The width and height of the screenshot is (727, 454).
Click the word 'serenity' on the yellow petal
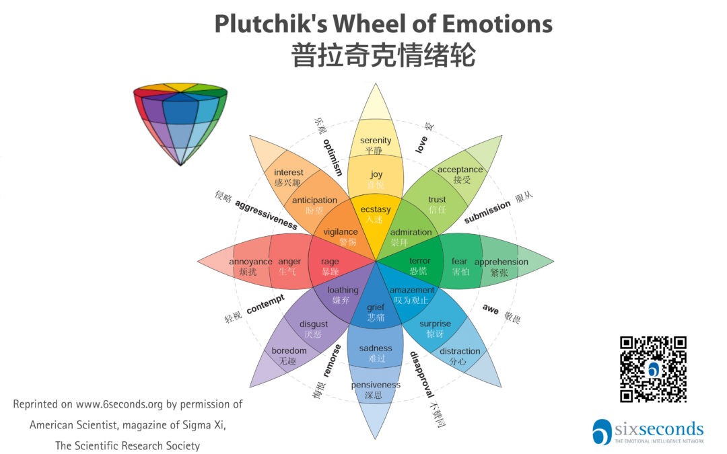[376, 141]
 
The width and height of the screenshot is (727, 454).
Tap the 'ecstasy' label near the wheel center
[376, 210]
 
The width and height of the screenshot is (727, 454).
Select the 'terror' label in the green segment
[419, 261]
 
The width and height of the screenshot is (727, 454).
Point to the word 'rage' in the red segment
[330, 262]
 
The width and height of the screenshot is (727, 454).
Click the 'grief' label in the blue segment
[376, 307]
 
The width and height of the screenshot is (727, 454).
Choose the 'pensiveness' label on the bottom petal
[376, 385]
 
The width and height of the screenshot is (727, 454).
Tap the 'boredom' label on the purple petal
[289, 350]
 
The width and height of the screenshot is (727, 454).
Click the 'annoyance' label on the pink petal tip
[250, 262]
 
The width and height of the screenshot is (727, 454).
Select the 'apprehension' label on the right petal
[501, 262]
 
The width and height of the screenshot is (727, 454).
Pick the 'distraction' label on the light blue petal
[460, 351]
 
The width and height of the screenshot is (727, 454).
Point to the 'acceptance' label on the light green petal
[460, 169]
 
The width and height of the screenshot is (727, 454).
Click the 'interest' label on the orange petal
[288, 172]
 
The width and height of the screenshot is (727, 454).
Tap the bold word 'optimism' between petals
[333, 157]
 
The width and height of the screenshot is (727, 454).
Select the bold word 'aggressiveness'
[267, 214]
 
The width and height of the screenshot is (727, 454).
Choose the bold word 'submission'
[487, 213]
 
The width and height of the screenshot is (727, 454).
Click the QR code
[653, 369]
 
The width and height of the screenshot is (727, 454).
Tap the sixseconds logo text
[658, 429]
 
